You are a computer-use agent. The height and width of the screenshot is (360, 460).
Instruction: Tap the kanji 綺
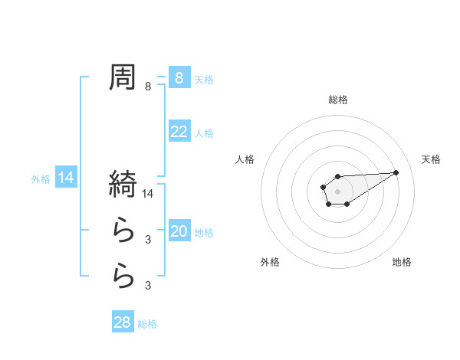(x=123, y=184)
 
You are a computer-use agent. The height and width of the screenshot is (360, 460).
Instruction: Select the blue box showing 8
(x=179, y=77)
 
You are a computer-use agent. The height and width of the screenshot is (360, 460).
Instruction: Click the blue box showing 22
(x=179, y=132)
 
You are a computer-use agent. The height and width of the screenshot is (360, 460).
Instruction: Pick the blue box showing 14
(x=66, y=178)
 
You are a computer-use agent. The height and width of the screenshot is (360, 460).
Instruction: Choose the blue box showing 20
(x=179, y=231)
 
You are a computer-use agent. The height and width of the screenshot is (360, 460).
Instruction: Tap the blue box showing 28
(x=123, y=322)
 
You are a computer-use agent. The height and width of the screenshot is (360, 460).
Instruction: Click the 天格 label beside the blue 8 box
(x=204, y=79)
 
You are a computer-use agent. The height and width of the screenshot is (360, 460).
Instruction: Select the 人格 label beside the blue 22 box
(x=204, y=133)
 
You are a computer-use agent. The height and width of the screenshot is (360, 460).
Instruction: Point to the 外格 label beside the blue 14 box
(x=41, y=179)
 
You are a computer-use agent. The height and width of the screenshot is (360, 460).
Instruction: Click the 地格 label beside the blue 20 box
(x=204, y=233)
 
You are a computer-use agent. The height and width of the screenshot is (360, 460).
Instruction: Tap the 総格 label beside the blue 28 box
(x=147, y=324)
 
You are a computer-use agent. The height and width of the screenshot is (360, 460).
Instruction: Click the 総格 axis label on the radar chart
(x=337, y=100)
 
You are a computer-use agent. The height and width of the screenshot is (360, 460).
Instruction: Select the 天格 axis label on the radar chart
(x=431, y=159)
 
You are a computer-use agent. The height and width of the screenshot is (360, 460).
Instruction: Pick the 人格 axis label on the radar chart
(x=245, y=159)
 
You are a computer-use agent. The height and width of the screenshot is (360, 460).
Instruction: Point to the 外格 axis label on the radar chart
(x=270, y=262)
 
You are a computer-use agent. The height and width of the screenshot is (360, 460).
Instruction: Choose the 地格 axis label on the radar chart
(x=402, y=262)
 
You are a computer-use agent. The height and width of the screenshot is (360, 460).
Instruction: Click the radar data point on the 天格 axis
(x=396, y=172)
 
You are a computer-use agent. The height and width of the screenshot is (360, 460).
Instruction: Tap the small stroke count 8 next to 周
(x=148, y=87)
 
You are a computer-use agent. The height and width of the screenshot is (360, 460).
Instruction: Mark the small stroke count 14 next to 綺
(x=149, y=195)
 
